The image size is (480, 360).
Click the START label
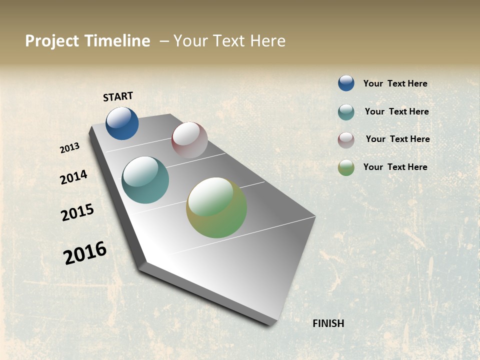(118, 96)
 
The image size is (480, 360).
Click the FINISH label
(328, 323)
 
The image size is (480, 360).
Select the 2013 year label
(69, 148)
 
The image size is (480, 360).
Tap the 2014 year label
(73, 177)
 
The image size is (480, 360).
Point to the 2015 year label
(77, 212)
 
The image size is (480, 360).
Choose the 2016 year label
(85, 253)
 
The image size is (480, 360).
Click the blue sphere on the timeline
(122, 123)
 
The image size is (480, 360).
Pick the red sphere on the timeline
(189, 140)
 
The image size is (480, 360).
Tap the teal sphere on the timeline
(145, 180)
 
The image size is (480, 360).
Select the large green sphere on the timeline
(216, 207)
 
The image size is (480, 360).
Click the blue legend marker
(346, 83)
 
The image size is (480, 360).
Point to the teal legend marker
(346, 112)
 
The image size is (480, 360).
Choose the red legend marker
(346, 140)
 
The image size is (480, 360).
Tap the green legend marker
(346, 168)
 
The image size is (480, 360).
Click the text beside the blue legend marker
(395, 83)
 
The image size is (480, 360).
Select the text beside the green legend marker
(395, 167)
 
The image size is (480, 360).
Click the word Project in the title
(51, 41)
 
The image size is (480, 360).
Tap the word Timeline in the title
(117, 41)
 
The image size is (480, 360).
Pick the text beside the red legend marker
(397, 139)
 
